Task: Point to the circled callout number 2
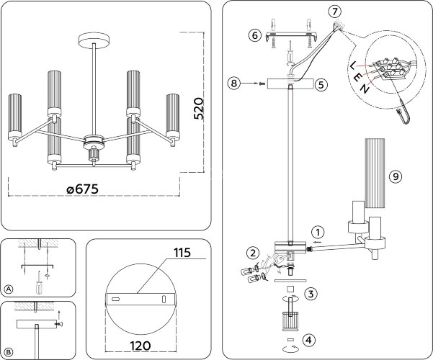click(252, 252)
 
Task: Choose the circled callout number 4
click(308, 339)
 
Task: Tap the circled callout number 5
click(321, 84)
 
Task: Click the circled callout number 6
click(254, 35)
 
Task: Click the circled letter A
click(9, 289)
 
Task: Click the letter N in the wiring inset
click(366, 89)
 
